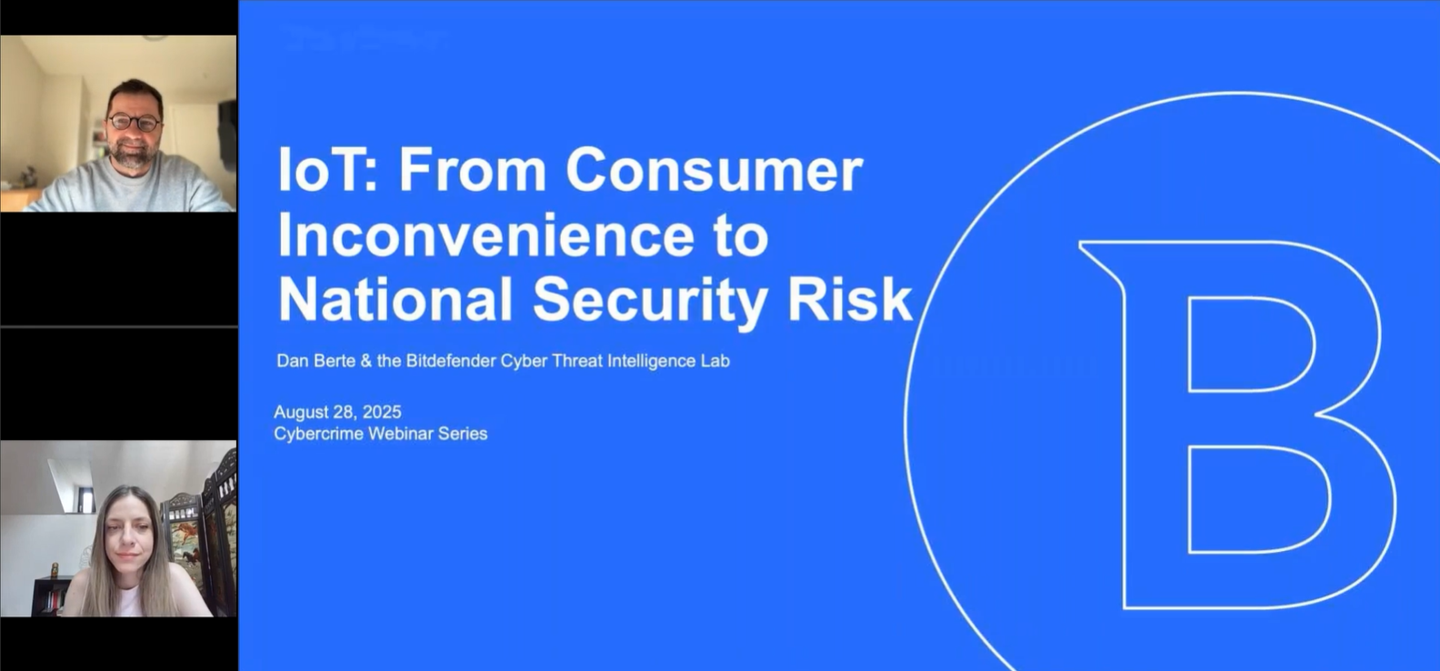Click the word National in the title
click(395, 299)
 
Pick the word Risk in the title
click(849, 299)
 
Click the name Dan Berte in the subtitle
click(315, 361)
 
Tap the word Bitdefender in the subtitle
click(452, 361)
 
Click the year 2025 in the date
click(382, 412)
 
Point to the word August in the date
click(301, 412)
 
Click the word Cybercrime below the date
click(318, 434)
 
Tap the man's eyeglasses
click(134, 122)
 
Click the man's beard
click(133, 157)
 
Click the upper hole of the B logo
click(1250, 344)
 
